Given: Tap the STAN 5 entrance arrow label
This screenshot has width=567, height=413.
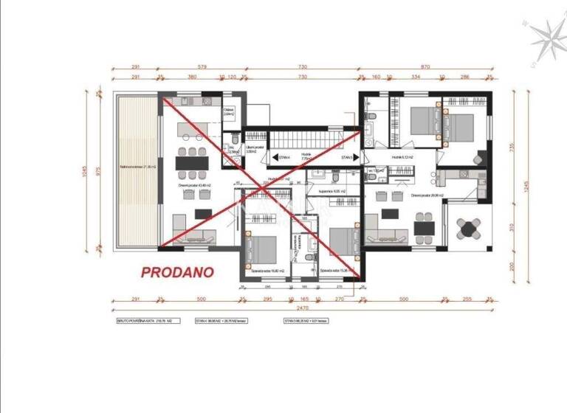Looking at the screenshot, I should tap(346, 157).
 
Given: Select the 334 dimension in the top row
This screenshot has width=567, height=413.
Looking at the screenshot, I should tap(415, 76).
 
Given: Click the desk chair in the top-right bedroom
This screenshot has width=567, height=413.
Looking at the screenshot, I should tap(481, 156).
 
